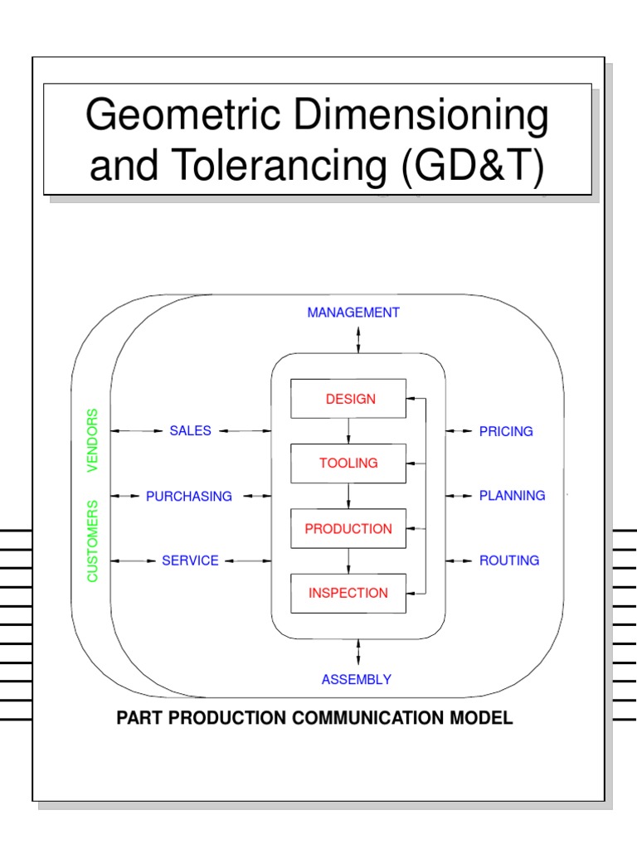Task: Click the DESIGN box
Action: click(x=348, y=399)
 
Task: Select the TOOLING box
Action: click(x=348, y=463)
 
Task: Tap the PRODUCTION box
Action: click(x=348, y=528)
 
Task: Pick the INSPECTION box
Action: click(x=348, y=593)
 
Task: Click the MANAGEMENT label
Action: click(x=353, y=313)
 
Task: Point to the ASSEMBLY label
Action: click(x=357, y=680)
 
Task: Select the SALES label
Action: click(x=191, y=430)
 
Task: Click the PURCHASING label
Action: click(x=189, y=496)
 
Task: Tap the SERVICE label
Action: click(x=191, y=560)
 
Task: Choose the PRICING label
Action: click(x=506, y=431)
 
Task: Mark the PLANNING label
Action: click(x=512, y=496)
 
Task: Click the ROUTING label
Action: click(x=509, y=560)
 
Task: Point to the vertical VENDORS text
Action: click(x=92, y=440)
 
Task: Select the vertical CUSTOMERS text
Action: click(x=92, y=541)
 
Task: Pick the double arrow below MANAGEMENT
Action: click(x=358, y=339)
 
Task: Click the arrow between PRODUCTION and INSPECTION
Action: click(x=348, y=560)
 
